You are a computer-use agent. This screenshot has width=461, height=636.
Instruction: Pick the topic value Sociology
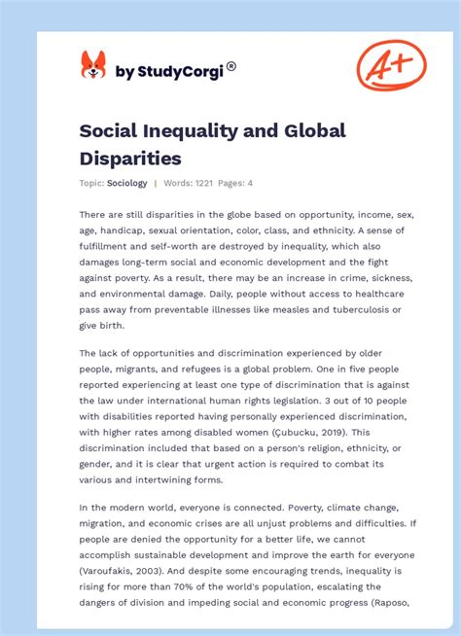coord(127,183)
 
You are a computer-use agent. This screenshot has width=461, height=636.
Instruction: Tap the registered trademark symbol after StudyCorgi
coord(231,66)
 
